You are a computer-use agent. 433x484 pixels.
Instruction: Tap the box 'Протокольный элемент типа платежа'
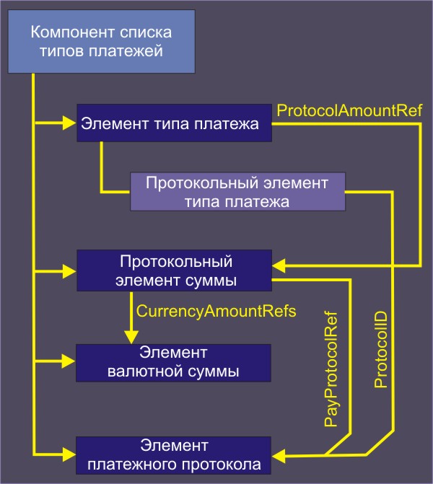pyautogui.click(x=237, y=191)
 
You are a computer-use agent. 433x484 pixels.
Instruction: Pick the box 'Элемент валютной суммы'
pyautogui.click(x=173, y=363)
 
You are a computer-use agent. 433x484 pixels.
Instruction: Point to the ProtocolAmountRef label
pyautogui.click(x=349, y=110)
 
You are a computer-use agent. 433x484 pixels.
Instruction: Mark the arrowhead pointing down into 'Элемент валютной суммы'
pyautogui.click(x=131, y=336)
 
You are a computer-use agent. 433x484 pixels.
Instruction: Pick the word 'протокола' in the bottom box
pyautogui.click(x=227, y=463)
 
